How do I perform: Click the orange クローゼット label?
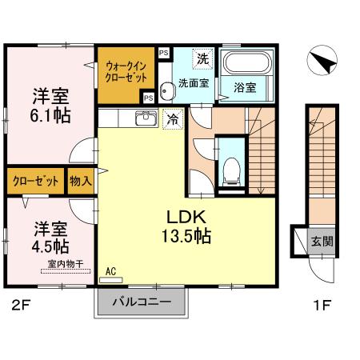(36, 181)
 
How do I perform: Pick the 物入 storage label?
(81, 181)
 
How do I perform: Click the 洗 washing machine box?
(203, 58)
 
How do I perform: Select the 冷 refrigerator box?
(171, 119)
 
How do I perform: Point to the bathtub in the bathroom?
(247, 63)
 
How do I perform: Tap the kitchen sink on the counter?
(146, 119)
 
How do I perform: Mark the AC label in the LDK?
(110, 272)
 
